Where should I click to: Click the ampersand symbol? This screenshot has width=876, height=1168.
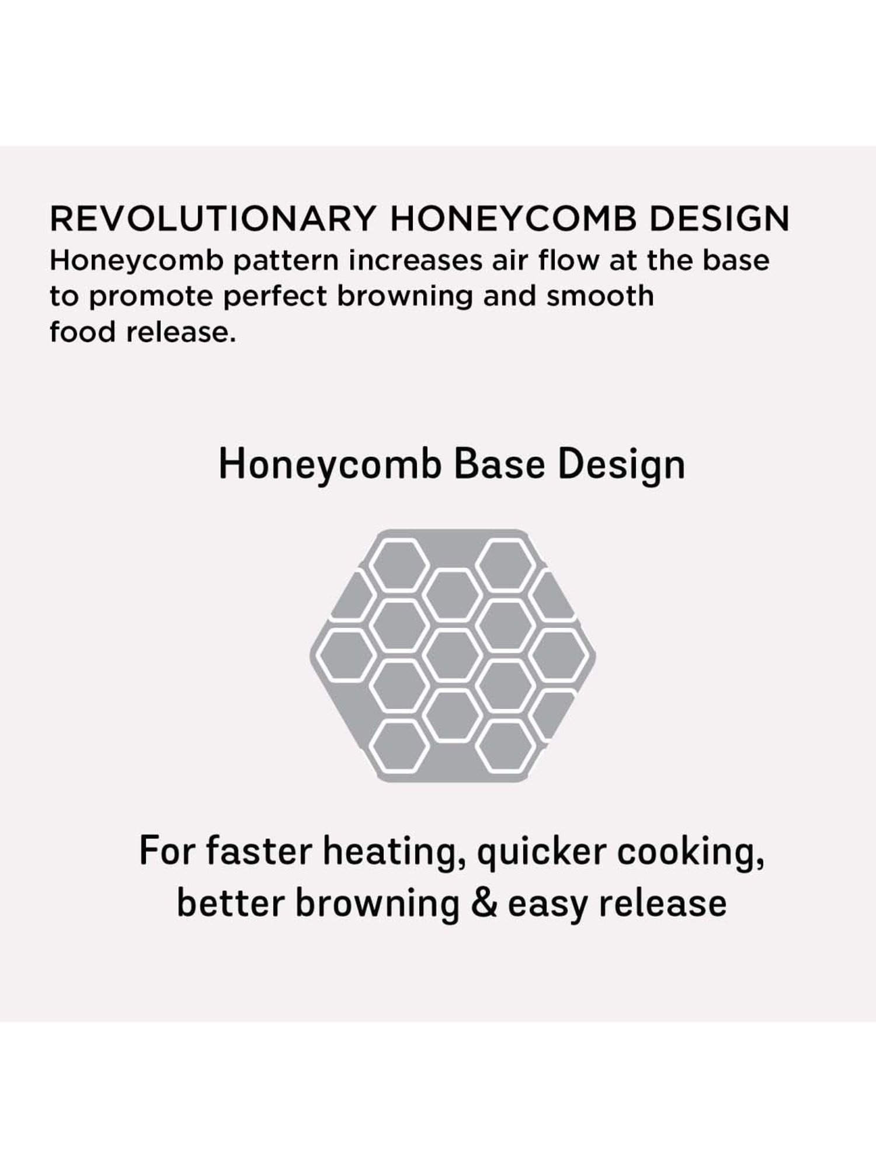pyautogui.click(x=483, y=903)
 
